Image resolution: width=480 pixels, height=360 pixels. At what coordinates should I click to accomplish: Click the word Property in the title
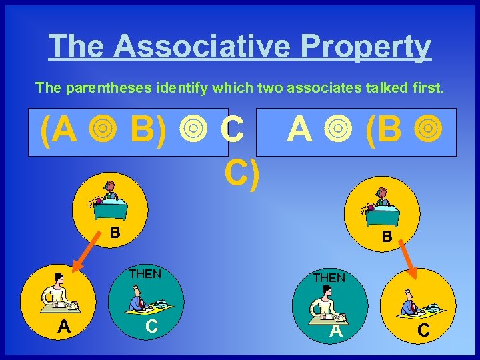(366, 47)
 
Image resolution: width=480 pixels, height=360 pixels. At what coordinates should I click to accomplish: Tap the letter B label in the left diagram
(115, 233)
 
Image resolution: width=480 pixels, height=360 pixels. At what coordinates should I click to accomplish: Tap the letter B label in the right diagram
(386, 236)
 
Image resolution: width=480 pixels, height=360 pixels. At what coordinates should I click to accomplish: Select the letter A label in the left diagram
(64, 326)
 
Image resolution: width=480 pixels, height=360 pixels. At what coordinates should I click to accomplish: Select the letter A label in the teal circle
(336, 331)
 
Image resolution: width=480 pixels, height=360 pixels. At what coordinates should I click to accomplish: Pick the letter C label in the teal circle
(152, 326)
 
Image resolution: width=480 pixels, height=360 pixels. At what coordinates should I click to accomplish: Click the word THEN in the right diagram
(329, 277)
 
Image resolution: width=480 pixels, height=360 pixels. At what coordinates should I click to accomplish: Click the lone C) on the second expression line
(241, 175)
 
